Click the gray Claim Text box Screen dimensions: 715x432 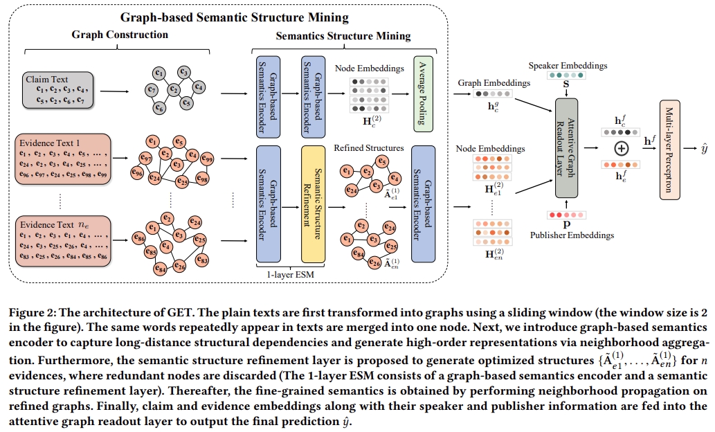tap(58, 90)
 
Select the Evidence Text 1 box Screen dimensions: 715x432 tap(63, 159)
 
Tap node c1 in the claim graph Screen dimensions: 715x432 tap(159, 73)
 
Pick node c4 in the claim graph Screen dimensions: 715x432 tap(199, 87)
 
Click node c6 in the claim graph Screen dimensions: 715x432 tap(159, 108)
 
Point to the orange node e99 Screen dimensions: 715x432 tap(207, 159)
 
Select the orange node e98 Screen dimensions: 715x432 tap(202, 179)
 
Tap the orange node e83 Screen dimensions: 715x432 tap(202, 260)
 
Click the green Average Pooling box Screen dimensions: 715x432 tap(423, 94)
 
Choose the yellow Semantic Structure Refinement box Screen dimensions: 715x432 tap(313, 204)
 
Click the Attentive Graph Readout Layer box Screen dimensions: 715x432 tap(566, 148)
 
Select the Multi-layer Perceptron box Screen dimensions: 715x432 tap(669, 150)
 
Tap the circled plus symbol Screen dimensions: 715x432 tap(622, 148)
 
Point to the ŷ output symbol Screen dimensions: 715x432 tap(705, 149)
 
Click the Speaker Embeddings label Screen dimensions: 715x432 tap(568, 66)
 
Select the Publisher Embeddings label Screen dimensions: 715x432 tap(572, 235)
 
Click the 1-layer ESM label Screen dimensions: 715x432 tap(291, 275)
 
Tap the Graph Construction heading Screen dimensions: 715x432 tap(120, 35)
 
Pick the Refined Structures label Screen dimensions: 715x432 tap(368, 147)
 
